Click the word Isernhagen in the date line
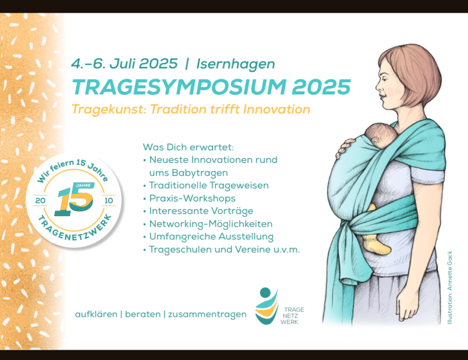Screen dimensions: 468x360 click(x=235, y=64)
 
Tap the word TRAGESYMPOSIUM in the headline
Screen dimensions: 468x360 click(x=179, y=87)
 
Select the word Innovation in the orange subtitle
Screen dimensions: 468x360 click(x=277, y=109)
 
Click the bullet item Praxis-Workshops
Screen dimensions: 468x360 click(x=192, y=199)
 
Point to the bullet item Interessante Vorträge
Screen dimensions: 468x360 click(x=201, y=211)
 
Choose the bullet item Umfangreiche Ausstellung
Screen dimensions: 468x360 click(x=211, y=237)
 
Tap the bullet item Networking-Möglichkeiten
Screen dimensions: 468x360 click(x=211, y=224)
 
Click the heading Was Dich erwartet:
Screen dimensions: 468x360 click(x=188, y=147)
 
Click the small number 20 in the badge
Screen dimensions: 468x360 click(x=40, y=200)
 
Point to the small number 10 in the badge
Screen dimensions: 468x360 click(x=108, y=200)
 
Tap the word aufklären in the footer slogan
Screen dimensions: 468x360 click(x=96, y=314)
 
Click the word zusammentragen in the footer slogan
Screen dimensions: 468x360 click(x=207, y=315)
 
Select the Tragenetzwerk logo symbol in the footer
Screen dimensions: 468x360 click(x=266, y=306)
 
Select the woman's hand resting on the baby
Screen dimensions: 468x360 click(x=346, y=147)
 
